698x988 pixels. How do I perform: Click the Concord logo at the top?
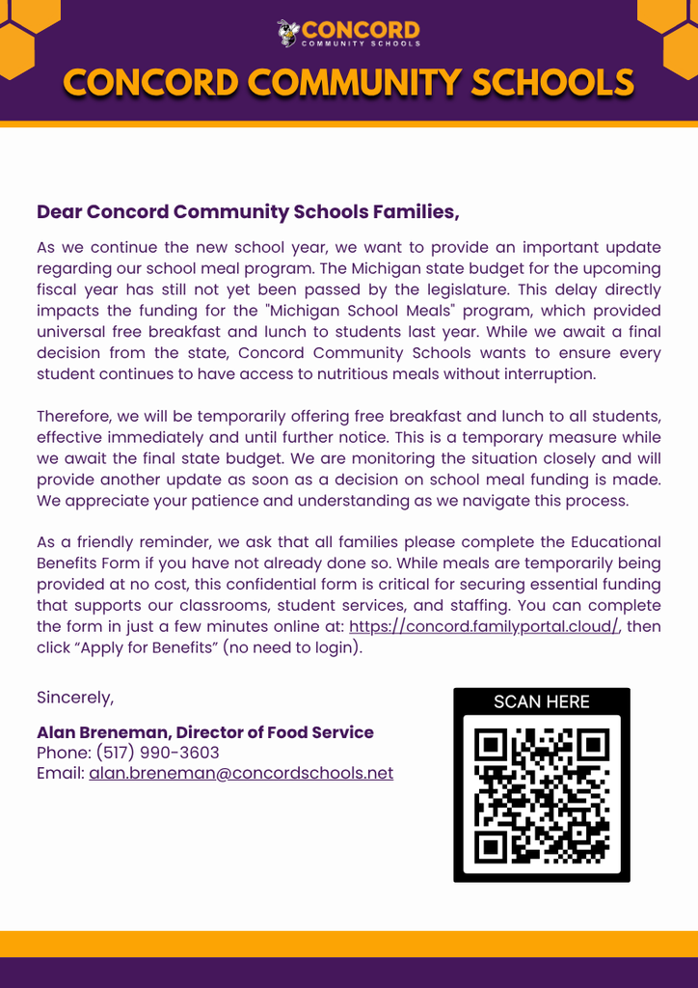[348, 33]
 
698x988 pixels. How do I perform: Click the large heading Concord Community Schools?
[348, 84]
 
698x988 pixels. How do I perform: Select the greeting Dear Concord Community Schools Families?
[248, 211]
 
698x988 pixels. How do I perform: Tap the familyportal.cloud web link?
[483, 626]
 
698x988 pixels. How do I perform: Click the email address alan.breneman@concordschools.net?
[241, 773]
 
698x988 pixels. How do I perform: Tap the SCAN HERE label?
[541, 701]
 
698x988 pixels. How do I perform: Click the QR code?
[541, 794]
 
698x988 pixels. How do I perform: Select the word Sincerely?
[75, 697]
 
